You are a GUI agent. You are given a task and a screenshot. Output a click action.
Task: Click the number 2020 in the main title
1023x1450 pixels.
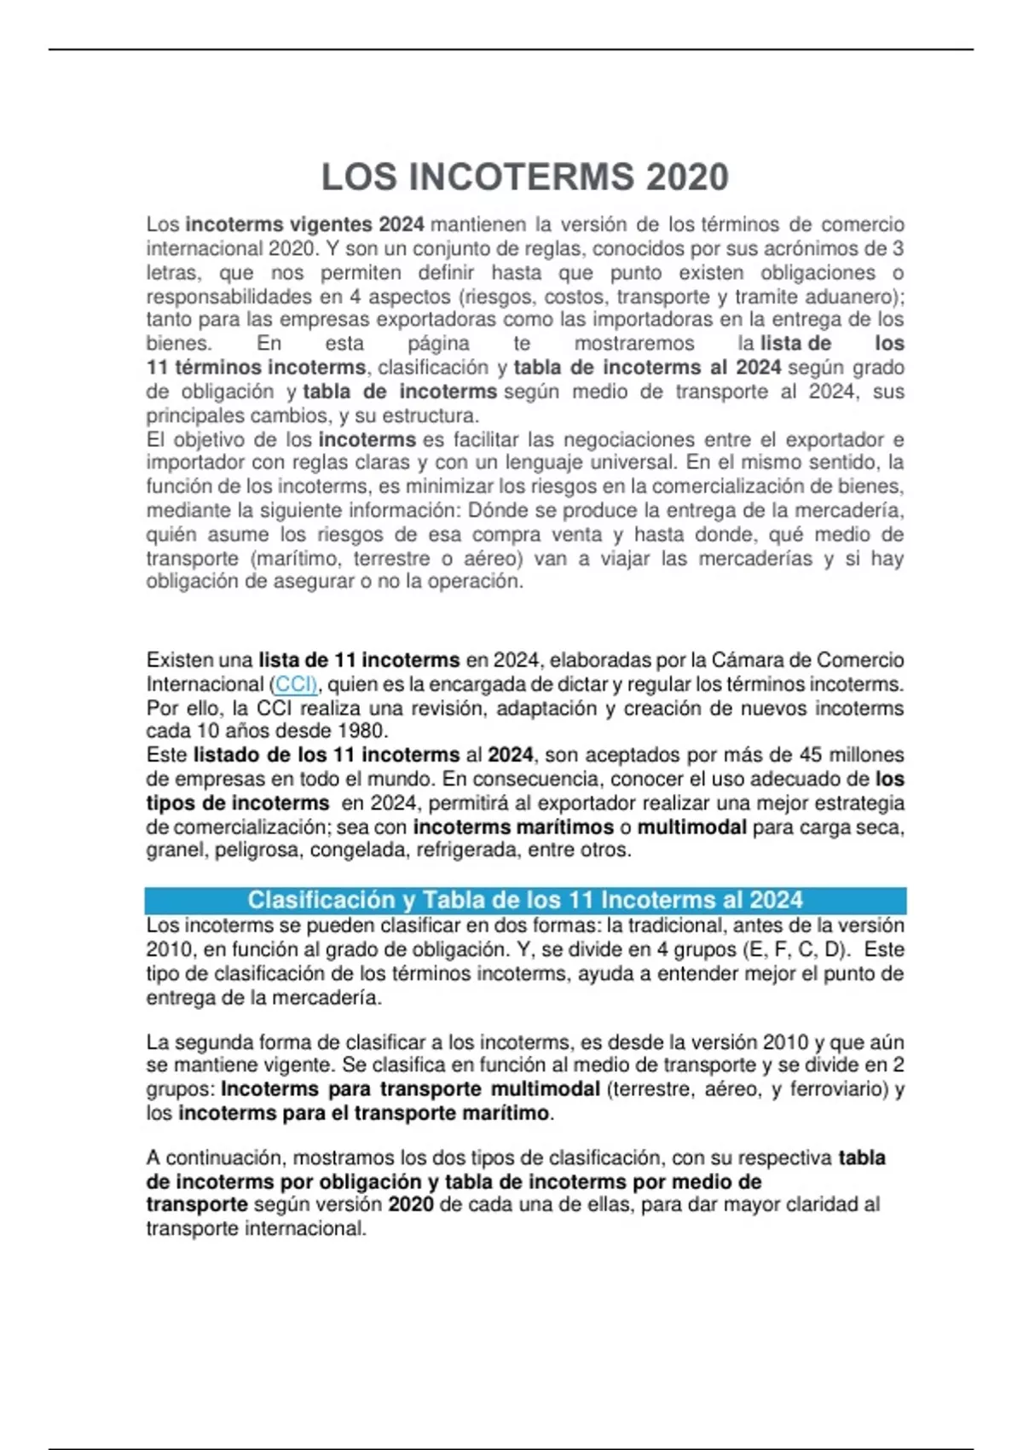(687, 177)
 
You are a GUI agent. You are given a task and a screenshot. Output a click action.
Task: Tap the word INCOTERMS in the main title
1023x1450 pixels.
(522, 177)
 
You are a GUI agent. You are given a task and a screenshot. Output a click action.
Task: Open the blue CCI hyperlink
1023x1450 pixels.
(295, 684)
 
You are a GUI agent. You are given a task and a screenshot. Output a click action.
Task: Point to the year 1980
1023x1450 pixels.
(362, 731)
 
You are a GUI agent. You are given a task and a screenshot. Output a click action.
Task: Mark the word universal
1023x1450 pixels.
(629, 462)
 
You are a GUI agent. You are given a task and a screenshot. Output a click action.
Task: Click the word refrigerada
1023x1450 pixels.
(467, 850)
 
